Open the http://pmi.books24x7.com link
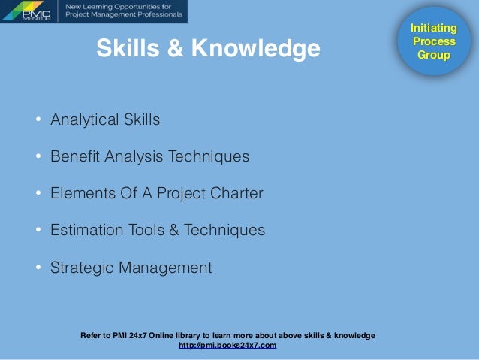coord(227,346)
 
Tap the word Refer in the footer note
coord(91,335)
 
